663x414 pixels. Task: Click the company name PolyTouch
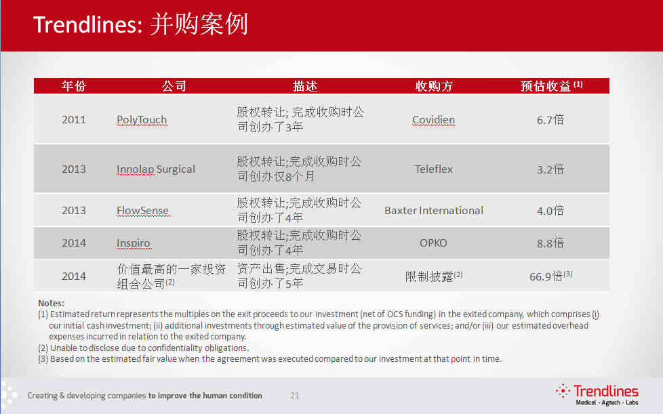[x=142, y=120]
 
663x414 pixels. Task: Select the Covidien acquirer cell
[x=433, y=120]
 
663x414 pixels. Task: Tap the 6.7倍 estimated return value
[x=550, y=120]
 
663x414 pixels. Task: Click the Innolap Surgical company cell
[x=156, y=169]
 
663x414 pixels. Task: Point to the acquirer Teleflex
[x=433, y=169]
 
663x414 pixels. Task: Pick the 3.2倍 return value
[x=550, y=169]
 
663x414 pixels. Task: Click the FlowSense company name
[x=142, y=210]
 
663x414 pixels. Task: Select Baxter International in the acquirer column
[x=433, y=210]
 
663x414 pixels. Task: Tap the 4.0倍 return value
[x=550, y=210]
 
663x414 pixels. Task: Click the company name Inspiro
[x=133, y=243]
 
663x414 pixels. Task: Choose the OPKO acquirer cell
[x=433, y=243]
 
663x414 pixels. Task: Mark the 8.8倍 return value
[x=550, y=243]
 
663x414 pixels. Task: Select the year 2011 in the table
[x=74, y=120]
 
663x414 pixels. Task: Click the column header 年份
[x=74, y=86]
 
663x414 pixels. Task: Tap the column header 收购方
[x=434, y=86]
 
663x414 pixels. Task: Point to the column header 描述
[x=305, y=86]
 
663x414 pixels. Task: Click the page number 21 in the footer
[x=295, y=396]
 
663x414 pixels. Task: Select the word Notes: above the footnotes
[x=51, y=304]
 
